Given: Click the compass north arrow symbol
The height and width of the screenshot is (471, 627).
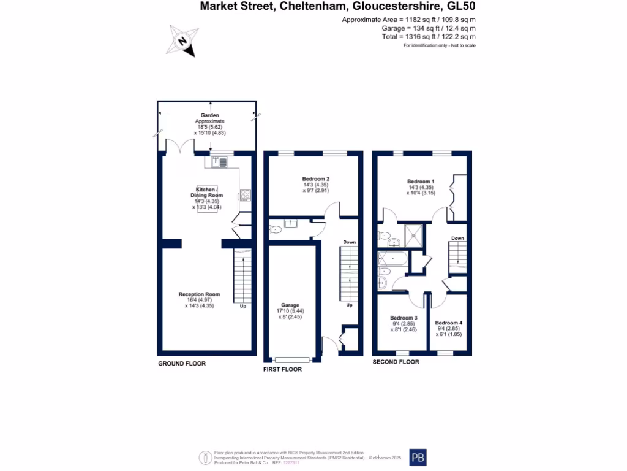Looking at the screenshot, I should (x=182, y=41).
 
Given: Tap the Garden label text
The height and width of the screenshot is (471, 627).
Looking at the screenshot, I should (x=210, y=115).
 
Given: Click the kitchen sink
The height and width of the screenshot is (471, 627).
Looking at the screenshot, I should (x=219, y=162).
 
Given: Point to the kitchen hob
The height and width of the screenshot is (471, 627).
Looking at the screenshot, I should (x=244, y=195).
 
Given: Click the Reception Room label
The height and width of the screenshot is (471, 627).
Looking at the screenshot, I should (x=199, y=294).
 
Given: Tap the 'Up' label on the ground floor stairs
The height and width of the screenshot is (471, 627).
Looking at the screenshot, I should (x=242, y=306).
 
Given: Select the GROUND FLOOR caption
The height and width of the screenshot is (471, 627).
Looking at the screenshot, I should (x=182, y=364).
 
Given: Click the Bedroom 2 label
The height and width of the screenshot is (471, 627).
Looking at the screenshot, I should (x=316, y=179).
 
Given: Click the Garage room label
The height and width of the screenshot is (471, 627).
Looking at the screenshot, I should (x=290, y=305).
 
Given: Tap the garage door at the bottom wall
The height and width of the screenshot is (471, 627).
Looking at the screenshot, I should (x=292, y=359).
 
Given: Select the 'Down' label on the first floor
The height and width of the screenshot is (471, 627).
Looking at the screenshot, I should (x=349, y=242).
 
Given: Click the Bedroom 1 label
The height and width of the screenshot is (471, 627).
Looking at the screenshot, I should (x=421, y=182).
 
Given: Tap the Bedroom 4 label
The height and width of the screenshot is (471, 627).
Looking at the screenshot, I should (x=448, y=323).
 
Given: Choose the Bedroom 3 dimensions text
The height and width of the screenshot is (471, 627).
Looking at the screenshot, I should (x=404, y=327).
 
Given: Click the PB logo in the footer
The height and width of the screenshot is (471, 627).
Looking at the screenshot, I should (x=418, y=458).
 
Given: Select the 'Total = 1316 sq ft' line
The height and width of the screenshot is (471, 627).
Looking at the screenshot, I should (x=428, y=37).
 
